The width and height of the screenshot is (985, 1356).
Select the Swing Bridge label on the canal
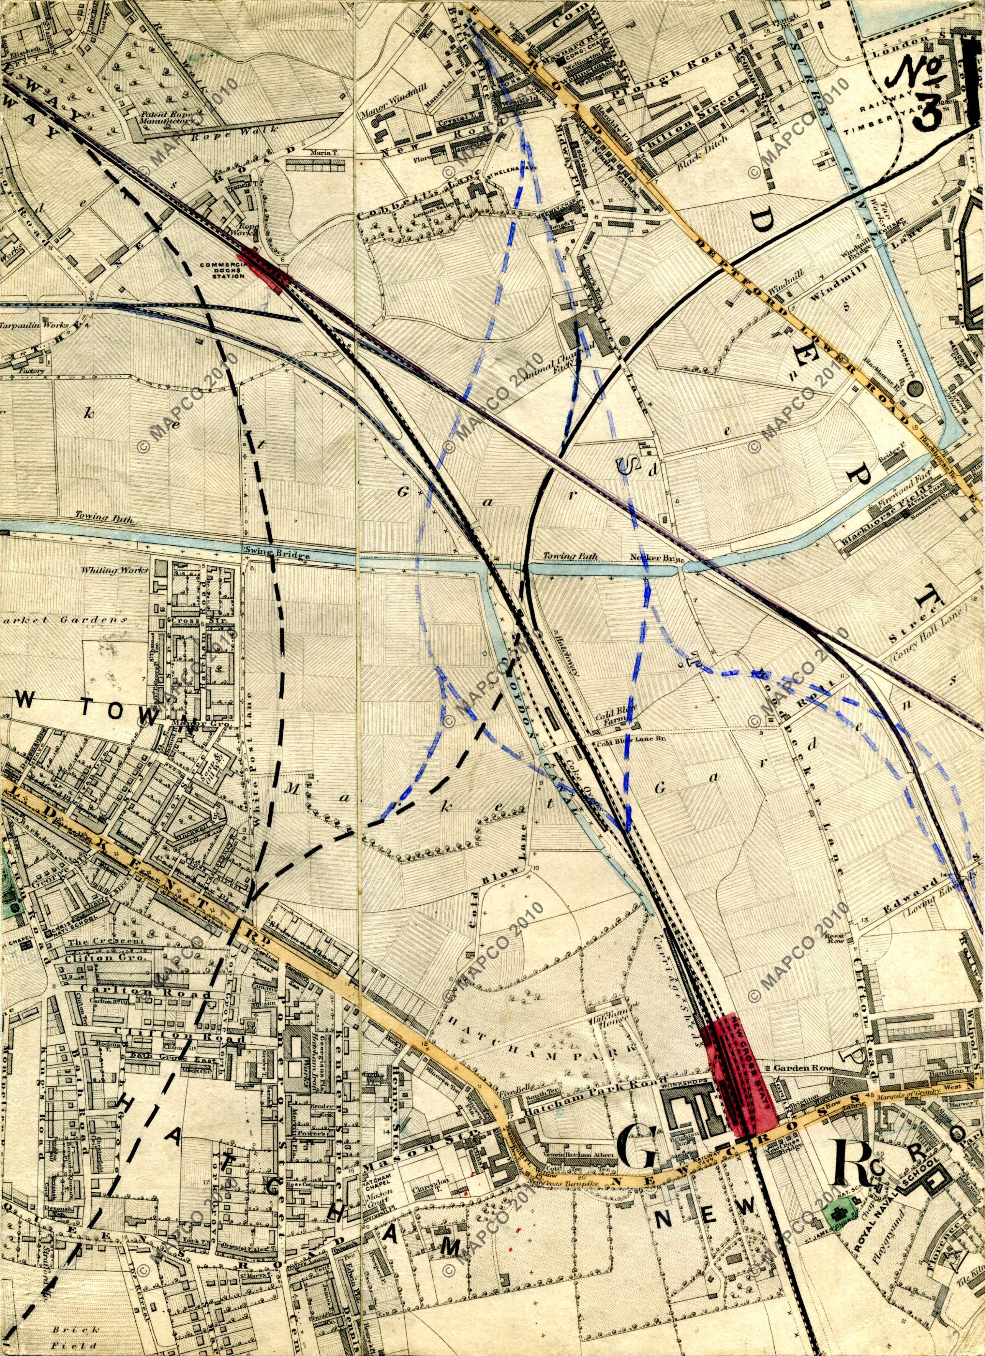(277, 555)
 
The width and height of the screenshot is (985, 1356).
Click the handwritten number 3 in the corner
(923, 110)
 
